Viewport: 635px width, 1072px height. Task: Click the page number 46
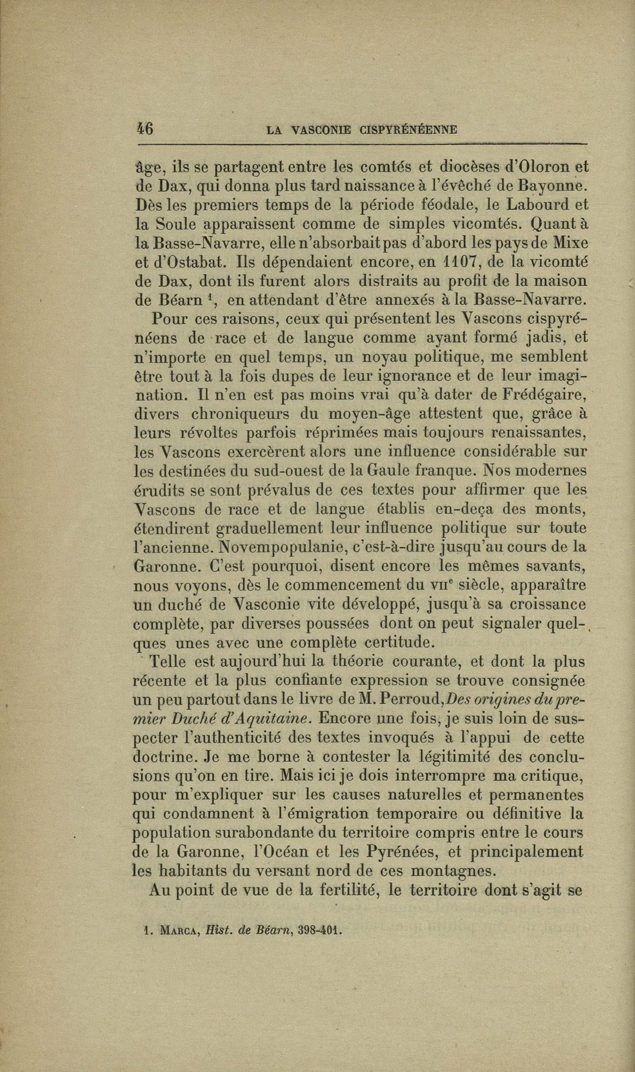click(x=145, y=129)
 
